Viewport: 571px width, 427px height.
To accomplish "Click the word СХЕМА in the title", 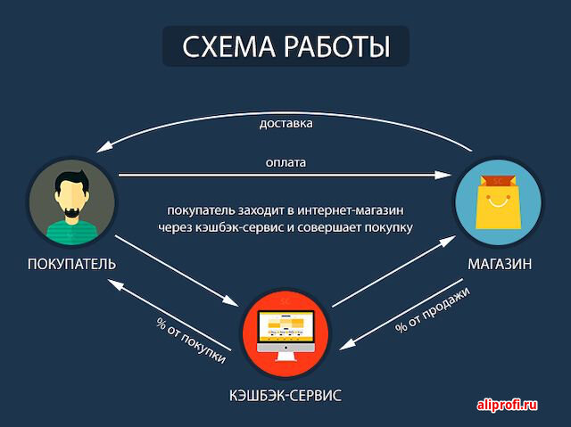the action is click(x=228, y=46).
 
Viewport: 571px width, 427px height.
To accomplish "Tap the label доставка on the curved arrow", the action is click(x=285, y=123).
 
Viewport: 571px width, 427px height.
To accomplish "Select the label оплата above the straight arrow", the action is click(x=285, y=162).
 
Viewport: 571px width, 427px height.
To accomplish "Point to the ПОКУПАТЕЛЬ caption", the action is click(x=71, y=264).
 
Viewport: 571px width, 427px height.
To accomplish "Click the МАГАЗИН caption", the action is click(x=500, y=264).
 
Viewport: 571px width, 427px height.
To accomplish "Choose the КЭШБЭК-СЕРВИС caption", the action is click(x=285, y=396).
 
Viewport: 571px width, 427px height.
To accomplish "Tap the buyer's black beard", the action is click(x=71, y=212).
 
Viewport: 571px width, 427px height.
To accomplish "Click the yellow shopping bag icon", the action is click(x=498, y=202).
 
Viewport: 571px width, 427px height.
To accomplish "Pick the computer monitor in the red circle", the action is click(x=285, y=327).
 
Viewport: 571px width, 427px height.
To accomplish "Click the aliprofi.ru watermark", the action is click(x=508, y=405).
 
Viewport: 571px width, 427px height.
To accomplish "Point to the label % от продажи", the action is click(x=432, y=309).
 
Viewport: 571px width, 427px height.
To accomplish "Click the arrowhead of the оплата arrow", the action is click(x=443, y=175).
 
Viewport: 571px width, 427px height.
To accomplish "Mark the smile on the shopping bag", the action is click(x=498, y=201).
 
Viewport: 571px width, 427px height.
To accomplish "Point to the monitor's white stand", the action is click(x=285, y=357).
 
